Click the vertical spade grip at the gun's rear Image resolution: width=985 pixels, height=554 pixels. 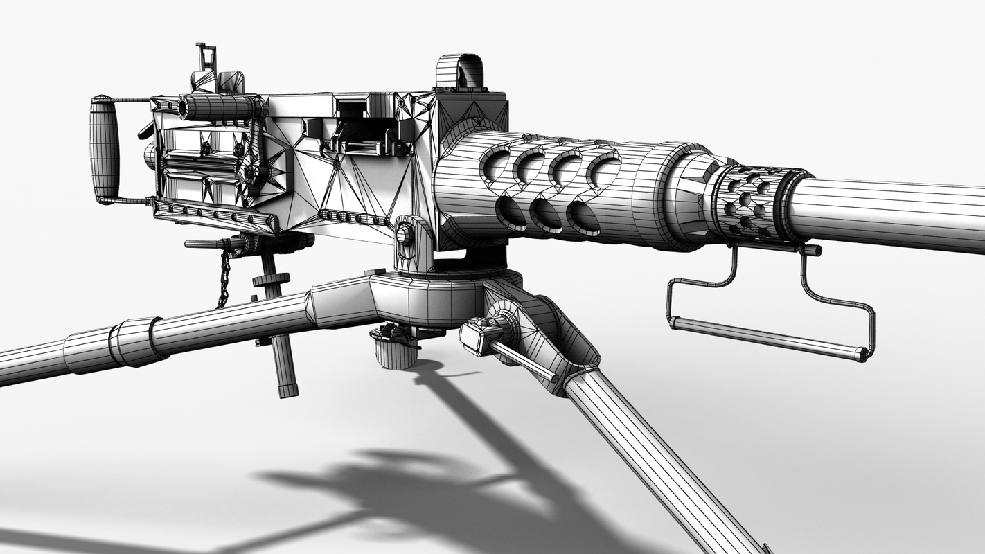coord(104,148)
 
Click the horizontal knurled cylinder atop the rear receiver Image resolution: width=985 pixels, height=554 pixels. coord(218,107)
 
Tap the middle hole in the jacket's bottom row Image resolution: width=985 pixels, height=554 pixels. coord(547,215)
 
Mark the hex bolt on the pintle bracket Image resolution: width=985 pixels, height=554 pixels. coord(405,235)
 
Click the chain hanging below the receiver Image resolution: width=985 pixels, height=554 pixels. coord(223,280)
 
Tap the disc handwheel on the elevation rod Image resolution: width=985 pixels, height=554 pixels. coord(269,280)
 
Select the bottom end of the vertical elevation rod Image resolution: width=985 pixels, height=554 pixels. coord(287,388)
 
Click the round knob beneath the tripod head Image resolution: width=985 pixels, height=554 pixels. coord(395,350)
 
